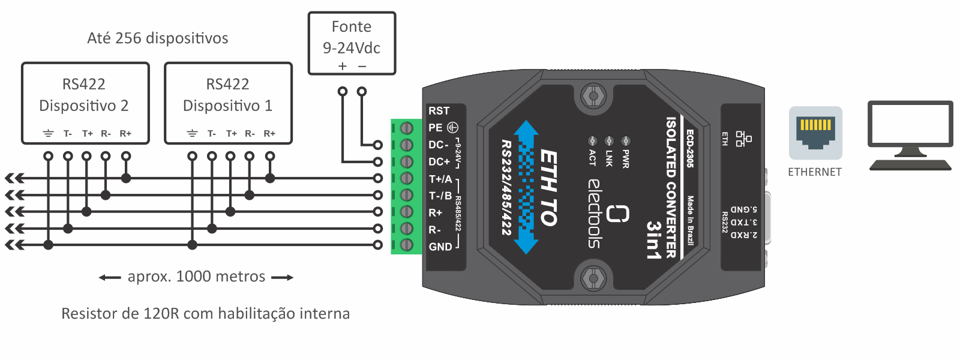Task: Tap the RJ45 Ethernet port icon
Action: [815, 133]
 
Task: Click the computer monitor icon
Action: [910, 136]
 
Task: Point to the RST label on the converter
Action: [439, 110]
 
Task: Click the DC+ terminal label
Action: [439, 161]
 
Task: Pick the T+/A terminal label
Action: [440, 179]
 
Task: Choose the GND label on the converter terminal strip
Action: [440, 247]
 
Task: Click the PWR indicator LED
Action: [626, 140]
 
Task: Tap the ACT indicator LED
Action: [592, 140]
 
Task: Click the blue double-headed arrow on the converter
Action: [526, 187]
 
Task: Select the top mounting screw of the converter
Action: [593, 96]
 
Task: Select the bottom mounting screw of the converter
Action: [593, 278]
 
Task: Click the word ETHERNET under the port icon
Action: [815, 172]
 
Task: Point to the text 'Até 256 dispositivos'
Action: [158, 38]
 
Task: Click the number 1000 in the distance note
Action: [194, 277]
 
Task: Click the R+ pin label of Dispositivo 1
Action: [269, 134]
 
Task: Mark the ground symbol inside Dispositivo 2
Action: [48, 134]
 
